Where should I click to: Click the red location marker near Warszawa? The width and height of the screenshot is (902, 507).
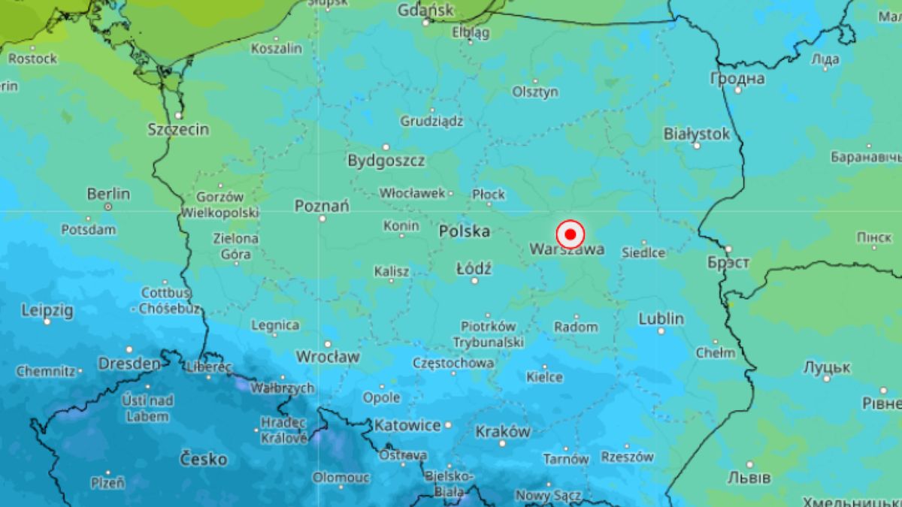(571, 234)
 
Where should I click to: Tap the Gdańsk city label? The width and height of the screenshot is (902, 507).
(426, 11)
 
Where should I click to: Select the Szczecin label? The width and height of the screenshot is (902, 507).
(178, 129)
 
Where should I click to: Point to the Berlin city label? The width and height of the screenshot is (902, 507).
(108, 194)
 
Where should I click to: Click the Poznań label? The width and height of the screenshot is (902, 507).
(322, 205)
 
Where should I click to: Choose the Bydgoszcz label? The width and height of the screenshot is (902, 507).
(386, 160)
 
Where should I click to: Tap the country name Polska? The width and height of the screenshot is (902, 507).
(465, 231)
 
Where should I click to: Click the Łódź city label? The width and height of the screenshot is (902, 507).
(474, 267)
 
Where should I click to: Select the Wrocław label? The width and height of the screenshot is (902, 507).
(328, 356)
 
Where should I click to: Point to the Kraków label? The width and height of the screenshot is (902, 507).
(503, 432)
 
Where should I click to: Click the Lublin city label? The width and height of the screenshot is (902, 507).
(661, 318)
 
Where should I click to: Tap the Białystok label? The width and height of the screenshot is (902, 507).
(697, 134)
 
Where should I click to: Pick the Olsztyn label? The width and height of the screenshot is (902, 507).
(535, 92)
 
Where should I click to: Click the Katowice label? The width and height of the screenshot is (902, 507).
(407, 425)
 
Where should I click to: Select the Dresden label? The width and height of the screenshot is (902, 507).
(129, 364)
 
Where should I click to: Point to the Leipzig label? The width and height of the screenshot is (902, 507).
(47, 309)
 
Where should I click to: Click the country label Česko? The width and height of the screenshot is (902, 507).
(203, 458)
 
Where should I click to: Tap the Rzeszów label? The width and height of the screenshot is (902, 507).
(628, 457)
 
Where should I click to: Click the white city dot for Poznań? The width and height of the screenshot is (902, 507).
(322, 219)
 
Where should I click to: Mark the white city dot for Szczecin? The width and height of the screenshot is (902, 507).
(178, 116)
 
